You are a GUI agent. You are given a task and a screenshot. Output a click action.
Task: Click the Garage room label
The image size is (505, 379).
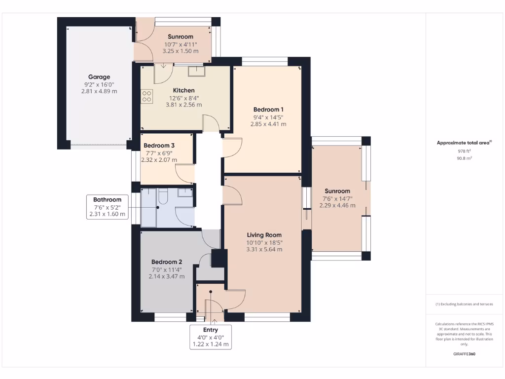(99, 77)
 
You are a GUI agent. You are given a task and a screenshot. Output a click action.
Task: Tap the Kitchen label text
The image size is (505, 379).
(183, 90)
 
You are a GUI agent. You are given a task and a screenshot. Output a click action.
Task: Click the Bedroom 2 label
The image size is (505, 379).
(167, 262)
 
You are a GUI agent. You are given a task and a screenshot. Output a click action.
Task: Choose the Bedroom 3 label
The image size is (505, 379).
(159, 146)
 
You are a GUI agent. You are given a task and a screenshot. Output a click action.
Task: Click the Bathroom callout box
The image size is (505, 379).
(107, 207)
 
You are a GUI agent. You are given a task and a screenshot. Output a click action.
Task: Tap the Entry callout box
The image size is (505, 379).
(211, 337)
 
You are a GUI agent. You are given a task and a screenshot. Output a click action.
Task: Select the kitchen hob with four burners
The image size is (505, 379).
(147, 96)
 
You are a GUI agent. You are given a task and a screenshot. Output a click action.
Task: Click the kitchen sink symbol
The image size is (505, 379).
(196, 71)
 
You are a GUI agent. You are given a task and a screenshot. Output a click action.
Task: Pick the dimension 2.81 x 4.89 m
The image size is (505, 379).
(99, 91)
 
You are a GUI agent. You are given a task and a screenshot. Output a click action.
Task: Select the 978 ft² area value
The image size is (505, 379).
(465, 151)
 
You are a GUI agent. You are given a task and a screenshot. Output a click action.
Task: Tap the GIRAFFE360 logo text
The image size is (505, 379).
(465, 354)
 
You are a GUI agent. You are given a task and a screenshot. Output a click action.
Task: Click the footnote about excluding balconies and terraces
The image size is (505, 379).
(465, 304)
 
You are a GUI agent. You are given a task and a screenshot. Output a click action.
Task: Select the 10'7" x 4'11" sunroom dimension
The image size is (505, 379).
(180, 44)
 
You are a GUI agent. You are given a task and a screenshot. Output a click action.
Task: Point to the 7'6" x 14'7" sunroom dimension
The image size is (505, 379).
(337, 198)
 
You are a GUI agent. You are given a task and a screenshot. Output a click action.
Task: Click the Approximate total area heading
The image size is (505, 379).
(464, 143)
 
